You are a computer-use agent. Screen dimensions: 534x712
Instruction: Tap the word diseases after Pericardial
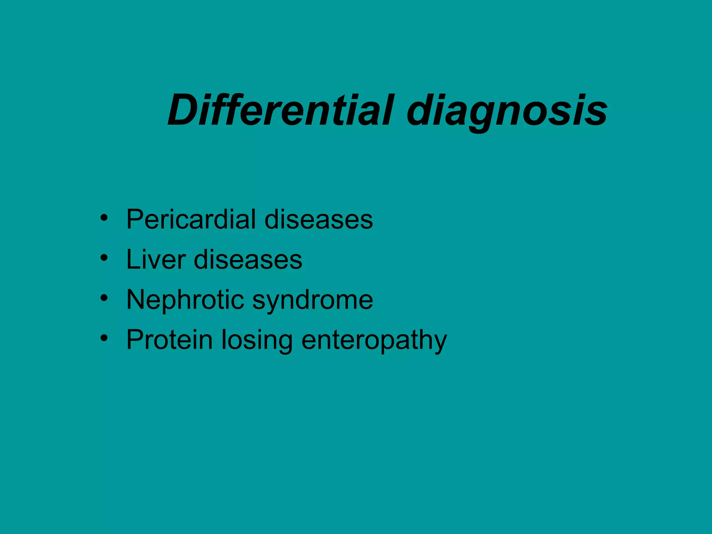[318, 219]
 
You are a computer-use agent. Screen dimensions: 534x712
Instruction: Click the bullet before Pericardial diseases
[104, 218]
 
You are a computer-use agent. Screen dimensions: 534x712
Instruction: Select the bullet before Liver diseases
[104, 258]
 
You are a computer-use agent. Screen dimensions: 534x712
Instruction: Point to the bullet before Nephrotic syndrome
[104, 298]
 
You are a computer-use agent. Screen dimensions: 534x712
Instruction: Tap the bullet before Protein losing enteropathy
[104, 338]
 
